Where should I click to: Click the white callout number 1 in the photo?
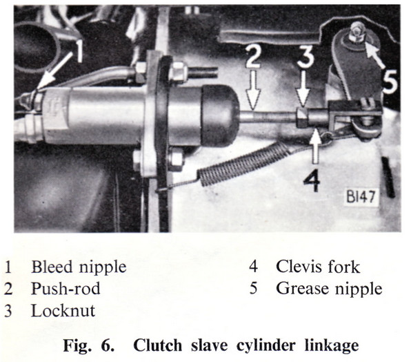78,50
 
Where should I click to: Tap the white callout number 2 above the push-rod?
252,56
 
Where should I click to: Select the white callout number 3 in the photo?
305,57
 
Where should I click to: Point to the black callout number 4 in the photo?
312,180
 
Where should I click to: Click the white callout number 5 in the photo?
390,82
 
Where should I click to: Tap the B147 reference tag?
361,197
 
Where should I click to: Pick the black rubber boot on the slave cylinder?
220,115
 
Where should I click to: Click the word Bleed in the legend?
51,267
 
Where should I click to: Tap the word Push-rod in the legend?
66,289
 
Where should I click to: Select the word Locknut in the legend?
63,311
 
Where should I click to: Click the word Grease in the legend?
303,289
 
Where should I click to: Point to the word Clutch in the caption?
157,345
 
